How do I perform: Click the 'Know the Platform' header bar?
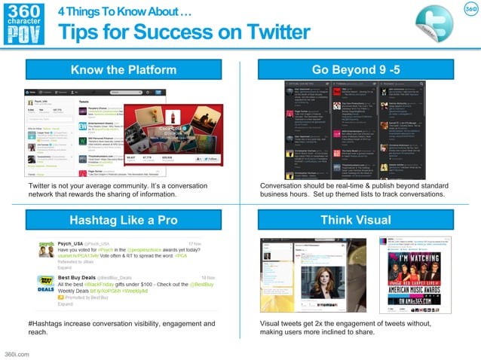(x=124, y=70)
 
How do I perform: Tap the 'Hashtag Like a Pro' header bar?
(x=124, y=220)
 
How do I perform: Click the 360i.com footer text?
(x=17, y=352)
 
